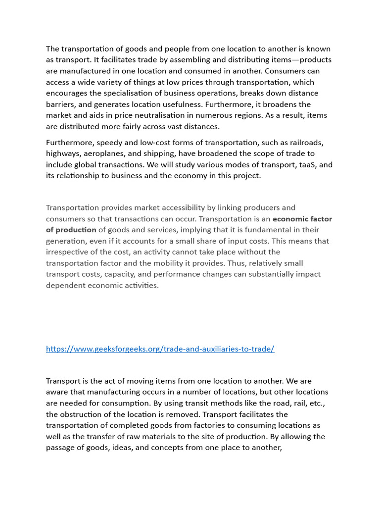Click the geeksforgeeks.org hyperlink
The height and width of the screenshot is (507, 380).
pyautogui.click(x=160, y=349)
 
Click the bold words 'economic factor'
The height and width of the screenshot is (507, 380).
pyautogui.click(x=302, y=219)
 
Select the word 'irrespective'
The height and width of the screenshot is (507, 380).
pyautogui.click(x=68, y=252)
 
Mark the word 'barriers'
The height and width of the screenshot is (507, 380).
pyautogui.click(x=61, y=104)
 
